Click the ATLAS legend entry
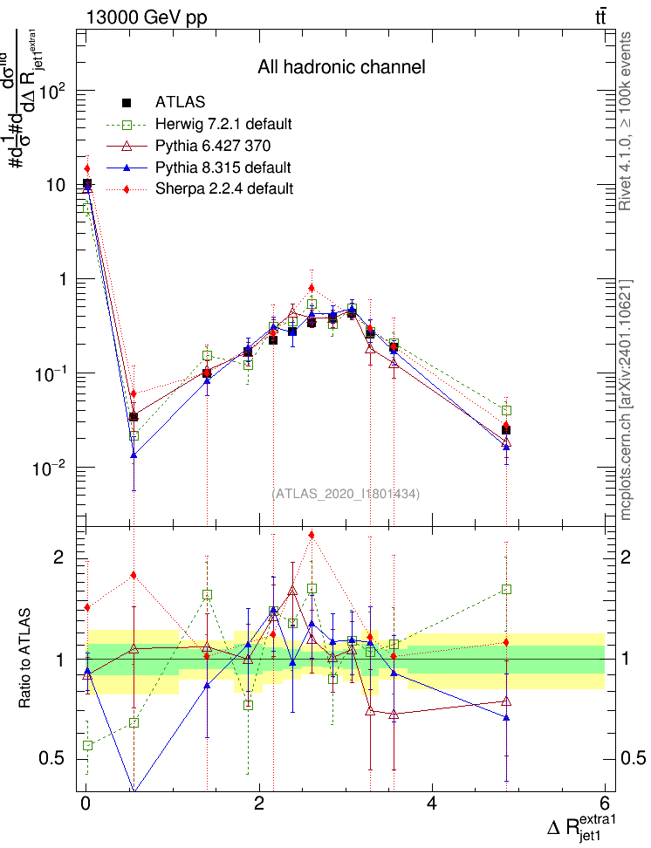180,103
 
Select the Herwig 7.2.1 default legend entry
223,123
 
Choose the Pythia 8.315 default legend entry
223,167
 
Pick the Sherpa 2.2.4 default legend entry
223,188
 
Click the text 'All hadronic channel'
341,67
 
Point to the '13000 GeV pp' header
147,17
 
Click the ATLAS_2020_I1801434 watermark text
346,494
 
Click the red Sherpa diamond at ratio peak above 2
312,535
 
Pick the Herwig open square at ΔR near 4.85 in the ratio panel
506,589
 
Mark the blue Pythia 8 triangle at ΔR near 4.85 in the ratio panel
506,717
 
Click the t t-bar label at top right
601,17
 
